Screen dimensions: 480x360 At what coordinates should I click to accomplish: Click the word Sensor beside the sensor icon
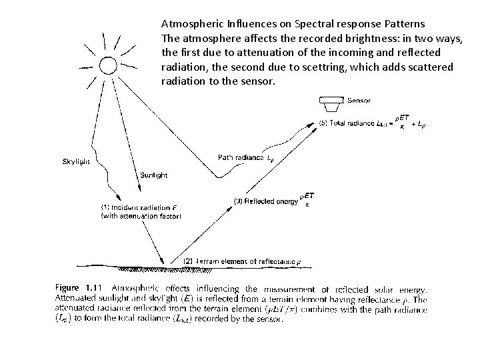[359, 101]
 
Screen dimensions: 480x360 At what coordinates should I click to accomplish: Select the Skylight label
[77, 161]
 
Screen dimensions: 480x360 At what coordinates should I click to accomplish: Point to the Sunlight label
[154, 175]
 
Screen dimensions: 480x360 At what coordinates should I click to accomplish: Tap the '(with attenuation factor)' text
[141, 216]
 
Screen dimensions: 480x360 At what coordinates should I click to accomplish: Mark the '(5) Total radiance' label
[347, 123]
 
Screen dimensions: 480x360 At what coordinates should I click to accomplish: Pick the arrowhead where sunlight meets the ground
[163, 263]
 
